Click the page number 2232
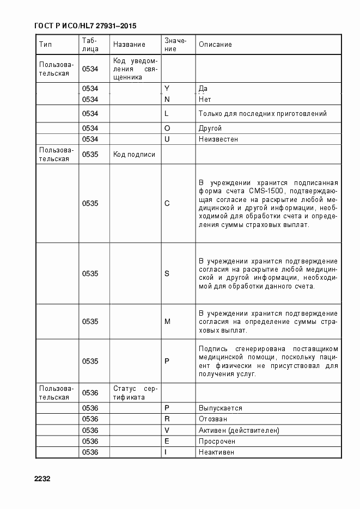pyautogui.click(x=42, y=479)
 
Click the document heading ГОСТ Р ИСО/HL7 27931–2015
pyautogui.click(x=85, y=26)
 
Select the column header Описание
pyautogui.click(x=215, y=45)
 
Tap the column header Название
pyautogui.click(x=129, y=45)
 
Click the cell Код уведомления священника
pyautogui.click(x=135, y=69)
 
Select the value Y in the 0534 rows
pyautogui.click(x=167, y=88)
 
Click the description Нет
pyautogui.click(x=205, y=100)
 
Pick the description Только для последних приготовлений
pyautogui.click(x=263, y=114)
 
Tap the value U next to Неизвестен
pyautogui.click(x=167, y=139)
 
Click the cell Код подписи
pyautogui.click(x=134, y=155)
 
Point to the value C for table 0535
pyautogui.click(x=167, y=204)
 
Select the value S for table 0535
pyautogui.click(x=167, y=274)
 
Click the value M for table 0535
pyautogui.click(x=168, y=322)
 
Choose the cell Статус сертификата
pyautogui.click(x=135, y=393)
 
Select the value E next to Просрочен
pyautogui.click(x=167, y=441)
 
